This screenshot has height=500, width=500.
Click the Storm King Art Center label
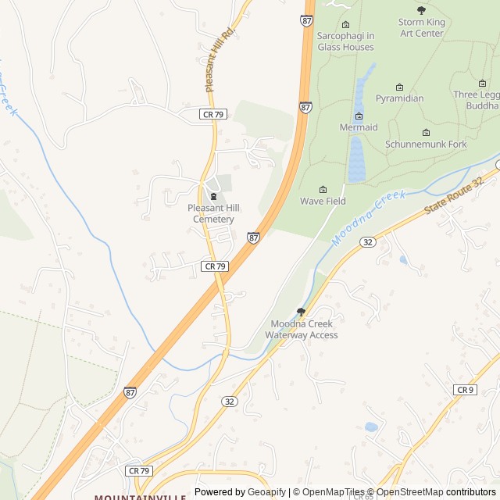tap(422, 28)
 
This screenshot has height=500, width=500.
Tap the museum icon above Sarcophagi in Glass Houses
tap(346, 24)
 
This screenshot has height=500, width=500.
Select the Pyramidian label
tap(399, 98)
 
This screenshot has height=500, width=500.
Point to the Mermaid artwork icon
tap(359, 116)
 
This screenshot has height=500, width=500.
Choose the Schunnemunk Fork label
tap(426, 145)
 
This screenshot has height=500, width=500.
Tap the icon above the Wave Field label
tap(323, 189)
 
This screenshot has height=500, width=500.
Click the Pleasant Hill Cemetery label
tap(213, 213)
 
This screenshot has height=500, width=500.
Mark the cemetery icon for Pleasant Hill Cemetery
tap(213, 195)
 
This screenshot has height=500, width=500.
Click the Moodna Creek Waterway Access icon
tap(301, 312)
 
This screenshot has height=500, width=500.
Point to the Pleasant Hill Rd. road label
tap(220, 59)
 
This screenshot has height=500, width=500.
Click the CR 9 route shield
tap(465, 390)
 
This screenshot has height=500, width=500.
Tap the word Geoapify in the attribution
tap(267, 492)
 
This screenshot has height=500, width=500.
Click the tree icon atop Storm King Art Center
tap(422, 10)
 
